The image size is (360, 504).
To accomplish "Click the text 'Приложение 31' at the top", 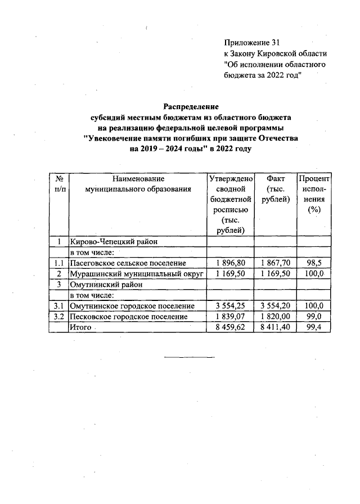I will (251, 42).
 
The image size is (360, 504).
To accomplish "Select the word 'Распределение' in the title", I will (191, 106).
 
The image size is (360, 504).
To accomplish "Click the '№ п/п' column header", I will (58, 183).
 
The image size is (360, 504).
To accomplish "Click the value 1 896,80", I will (231, 263).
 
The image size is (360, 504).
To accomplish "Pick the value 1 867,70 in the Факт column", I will (276, 263).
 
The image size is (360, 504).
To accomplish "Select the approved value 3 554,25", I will (231, 305).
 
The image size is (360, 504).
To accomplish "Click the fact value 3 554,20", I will (276, 305).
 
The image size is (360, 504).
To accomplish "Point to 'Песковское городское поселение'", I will (128, 316).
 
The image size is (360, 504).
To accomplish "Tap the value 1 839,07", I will (231, 316).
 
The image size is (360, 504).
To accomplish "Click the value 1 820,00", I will (276, 316).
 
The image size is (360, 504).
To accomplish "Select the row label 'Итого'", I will (79, 327).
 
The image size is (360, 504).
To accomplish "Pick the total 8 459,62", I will (231, 327).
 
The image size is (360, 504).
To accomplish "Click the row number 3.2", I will (58, 316).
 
